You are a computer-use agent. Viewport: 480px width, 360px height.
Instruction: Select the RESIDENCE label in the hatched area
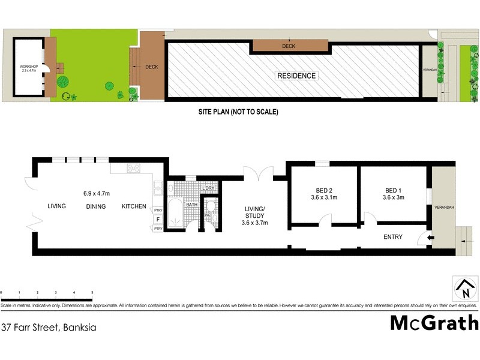pos(296,76)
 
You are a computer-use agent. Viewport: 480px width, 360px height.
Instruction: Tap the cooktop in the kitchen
pos(133,169)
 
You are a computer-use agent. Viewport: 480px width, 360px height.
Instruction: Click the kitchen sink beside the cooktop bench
pos(158,190)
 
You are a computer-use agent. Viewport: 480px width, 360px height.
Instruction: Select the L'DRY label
pos(208,188)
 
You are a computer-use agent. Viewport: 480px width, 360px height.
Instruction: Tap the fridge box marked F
pos(158,220)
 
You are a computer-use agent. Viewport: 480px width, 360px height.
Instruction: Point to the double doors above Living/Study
pos(258,176)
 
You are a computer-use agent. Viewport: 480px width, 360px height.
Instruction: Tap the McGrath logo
pos(434,323)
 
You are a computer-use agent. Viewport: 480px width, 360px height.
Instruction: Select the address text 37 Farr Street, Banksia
pos(49,328)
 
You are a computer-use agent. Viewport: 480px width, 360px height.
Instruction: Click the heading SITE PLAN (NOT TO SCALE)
pos(238,112)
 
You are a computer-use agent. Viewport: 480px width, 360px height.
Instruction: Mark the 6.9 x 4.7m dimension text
pos(97,194)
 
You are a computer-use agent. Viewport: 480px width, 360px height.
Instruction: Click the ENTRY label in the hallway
pos(393,237)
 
